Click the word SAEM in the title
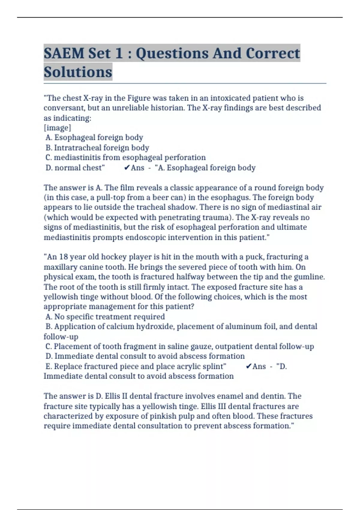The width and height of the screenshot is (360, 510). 64,53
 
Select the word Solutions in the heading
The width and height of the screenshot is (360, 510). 78,72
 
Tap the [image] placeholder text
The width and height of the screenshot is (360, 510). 57,128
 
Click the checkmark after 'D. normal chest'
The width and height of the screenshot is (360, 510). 127,168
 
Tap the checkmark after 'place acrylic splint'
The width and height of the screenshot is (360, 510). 248,366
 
